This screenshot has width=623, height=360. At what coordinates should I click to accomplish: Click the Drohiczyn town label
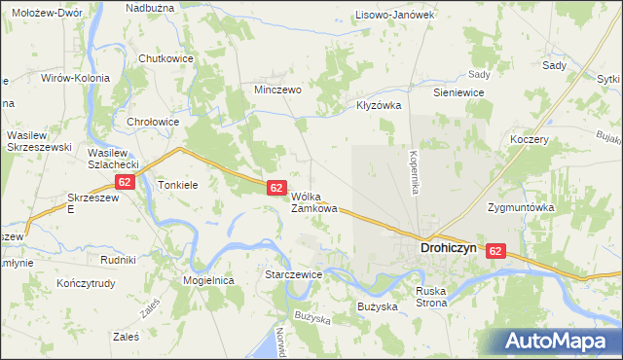tap(448, 248)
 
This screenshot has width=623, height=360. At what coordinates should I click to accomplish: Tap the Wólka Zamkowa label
tap(314, 201)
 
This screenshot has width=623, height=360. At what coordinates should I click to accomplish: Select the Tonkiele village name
tap(178, 184)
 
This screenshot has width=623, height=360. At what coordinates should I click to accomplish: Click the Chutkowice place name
tap(166, 58)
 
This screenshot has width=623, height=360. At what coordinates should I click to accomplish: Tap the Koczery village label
tap(530, 139)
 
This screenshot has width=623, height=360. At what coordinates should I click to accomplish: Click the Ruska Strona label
tap(431, 297)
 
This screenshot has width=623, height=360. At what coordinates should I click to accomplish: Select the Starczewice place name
tap(293, 275)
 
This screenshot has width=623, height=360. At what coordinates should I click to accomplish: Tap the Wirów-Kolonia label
tap(75, 77)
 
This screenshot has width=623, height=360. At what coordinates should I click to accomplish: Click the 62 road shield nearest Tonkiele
tap(124, 182)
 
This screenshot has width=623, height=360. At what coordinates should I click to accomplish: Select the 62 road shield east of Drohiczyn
tap(497, 251)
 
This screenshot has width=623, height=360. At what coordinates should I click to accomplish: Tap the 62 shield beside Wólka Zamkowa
tap(276, 187)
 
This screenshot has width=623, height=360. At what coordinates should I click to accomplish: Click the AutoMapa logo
tap(558, 341)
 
